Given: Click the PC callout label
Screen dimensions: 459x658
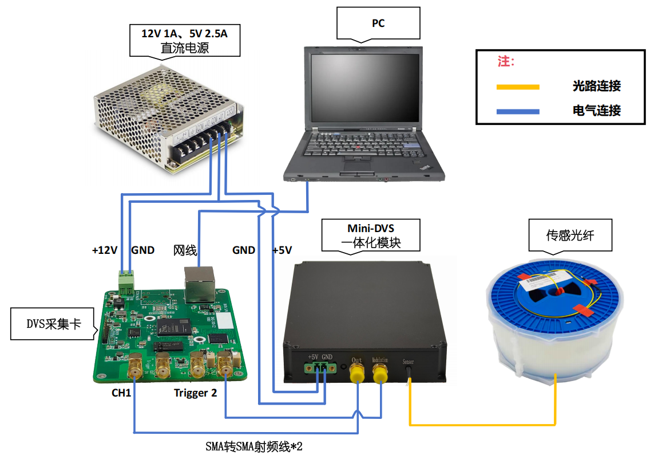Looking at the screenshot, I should pos(378,23).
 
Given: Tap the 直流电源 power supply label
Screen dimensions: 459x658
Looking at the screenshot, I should pos(184,40).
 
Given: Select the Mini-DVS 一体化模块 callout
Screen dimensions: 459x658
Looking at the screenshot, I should pos(371,235).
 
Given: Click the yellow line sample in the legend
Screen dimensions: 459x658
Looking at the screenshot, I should pos(518,87).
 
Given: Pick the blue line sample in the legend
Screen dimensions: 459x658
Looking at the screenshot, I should pos(518,111).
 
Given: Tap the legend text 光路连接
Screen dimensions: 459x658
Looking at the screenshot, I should pos(597,87).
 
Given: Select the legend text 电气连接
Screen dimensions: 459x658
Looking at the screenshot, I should pos(597,111).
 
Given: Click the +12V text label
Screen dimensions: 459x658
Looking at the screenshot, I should pos(105,250).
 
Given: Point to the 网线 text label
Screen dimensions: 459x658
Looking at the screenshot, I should pos(185,250).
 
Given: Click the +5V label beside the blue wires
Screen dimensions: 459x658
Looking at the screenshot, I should pos(282,250).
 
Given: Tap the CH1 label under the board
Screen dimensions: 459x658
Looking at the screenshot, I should pos(121,394).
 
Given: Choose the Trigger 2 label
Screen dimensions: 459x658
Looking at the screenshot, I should pos(195,394).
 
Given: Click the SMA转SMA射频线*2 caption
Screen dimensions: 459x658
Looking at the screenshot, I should pos(253,446).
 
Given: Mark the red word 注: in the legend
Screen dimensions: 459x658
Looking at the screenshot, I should pos(506,61).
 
